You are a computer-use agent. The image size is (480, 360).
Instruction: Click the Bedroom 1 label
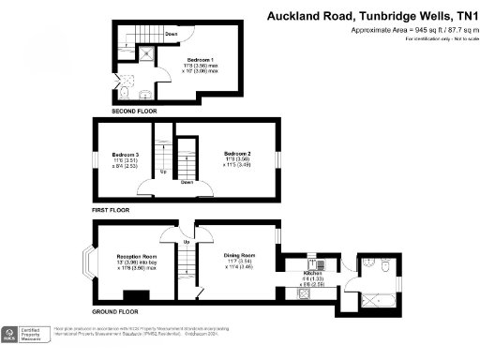[199, 59]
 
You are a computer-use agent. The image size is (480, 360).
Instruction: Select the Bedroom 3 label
[125, 155]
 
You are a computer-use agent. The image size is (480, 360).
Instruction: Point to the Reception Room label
[137, 256]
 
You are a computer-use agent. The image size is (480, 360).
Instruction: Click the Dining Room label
[240, 255]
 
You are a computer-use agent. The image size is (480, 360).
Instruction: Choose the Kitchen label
[312, 273]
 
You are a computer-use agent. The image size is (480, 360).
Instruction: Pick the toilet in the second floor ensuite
[124, 94]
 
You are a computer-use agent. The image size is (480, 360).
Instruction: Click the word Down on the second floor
[172, 34]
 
